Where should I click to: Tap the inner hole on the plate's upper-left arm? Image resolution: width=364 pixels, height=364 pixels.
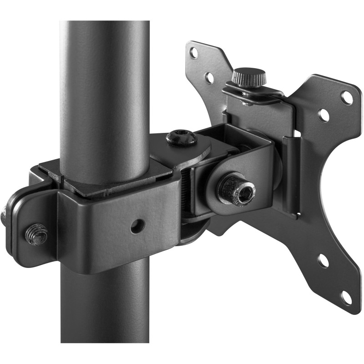pyautogui.click(x=210, y=78)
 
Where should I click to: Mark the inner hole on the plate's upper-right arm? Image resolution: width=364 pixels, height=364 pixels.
pyautogui.click(x=324, y=116)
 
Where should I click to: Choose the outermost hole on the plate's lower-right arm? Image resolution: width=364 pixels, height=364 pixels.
pyautogui.click(x=347, y=298)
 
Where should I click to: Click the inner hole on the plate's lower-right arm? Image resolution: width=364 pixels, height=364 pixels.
pyautogui.click(x=323, y=261)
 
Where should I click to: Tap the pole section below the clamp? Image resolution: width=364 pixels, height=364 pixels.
pyautogui.click(x=105, y=309)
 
